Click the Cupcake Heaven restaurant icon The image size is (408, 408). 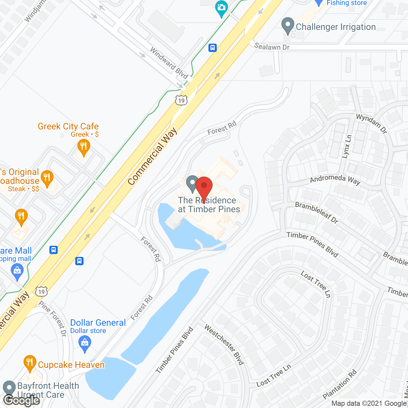point(30,363)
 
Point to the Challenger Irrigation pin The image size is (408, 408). point(288,25)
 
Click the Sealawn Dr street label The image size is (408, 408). point(272,47)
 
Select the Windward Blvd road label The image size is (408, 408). point(169,63)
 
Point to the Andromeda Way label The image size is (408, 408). point(335,179)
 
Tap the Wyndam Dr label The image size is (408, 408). point(371,123)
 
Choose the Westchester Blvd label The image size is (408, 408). point(224,345)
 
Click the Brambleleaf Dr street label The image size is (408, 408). point(317,213)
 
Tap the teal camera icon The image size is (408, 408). point(221,8)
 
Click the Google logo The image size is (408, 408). point(22,400)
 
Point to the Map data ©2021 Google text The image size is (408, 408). point(369,404)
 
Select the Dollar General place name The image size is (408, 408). point(98,323)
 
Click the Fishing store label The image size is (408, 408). point(346,3)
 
